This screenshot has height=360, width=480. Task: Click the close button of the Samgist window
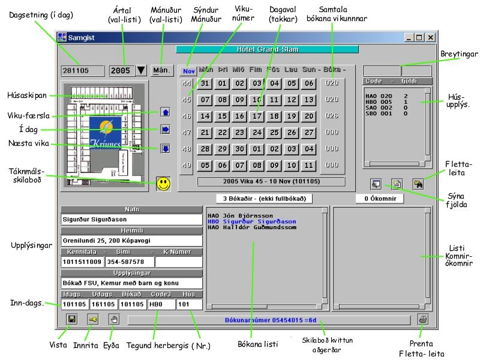point(430,37)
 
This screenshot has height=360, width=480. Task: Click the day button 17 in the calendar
point(257,116)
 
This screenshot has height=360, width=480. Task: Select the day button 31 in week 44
point(205,83)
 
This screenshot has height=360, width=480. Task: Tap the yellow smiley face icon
point(163,184)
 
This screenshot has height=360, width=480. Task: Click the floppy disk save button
point(71,320)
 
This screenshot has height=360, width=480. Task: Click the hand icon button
point(115,320)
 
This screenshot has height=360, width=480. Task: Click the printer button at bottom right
point(424,320)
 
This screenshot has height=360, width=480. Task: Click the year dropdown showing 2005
point(128,70)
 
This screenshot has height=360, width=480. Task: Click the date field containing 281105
point(82,70)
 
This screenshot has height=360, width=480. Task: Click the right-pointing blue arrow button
point(166,129)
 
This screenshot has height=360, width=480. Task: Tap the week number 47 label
point(186,133)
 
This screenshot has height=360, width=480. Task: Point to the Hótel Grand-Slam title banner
point(267,49)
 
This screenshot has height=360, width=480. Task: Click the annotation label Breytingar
point(458,54)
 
